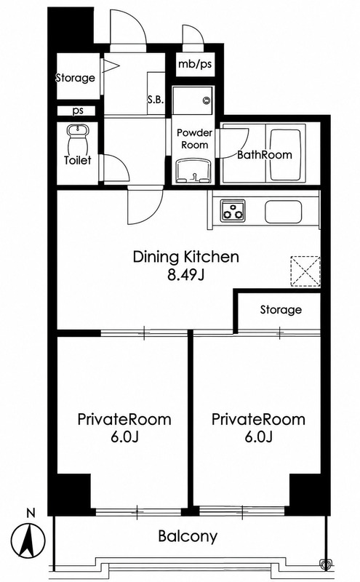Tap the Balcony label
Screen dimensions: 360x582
coord(188,536)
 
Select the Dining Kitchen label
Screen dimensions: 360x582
coord(186,257)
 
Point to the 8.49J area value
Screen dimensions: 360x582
coord(186,276)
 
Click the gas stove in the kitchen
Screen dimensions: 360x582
coord(233,210)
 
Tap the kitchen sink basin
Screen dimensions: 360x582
coord(283,212)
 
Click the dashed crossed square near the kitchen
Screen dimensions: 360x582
coord(305,271)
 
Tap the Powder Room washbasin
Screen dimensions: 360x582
coord(193,171)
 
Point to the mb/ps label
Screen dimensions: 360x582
coord(195,64)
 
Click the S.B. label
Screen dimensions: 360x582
coord(156,100)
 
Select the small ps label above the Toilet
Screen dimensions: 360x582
coord(78,111)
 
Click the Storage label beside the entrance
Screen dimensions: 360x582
coord(76,78)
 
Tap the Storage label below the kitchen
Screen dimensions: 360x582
coord(281,310)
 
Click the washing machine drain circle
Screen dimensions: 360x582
coord(206,100)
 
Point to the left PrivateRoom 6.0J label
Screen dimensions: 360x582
coord(124,428)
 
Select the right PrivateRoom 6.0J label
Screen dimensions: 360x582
coord(259,428)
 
